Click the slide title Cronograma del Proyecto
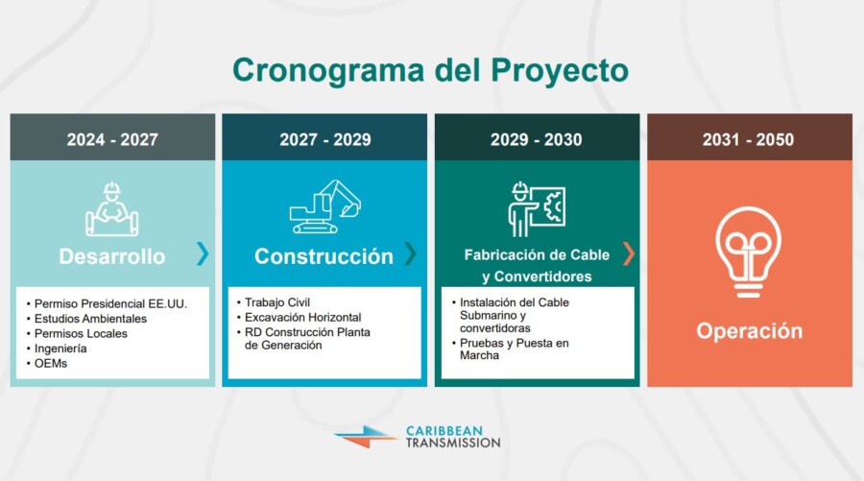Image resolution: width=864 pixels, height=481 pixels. pyautogui.click(x=430, y=70)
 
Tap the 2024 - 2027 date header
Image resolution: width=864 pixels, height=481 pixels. pyautogui.click(x=112, y=139)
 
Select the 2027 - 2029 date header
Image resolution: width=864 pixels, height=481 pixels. pyautogui.click(x=325, y=139)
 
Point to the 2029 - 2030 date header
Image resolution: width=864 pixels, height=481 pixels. pyautogui.click(x=536, y=139)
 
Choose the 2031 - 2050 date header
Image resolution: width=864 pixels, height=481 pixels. pyautogui.click(x=748, y=139)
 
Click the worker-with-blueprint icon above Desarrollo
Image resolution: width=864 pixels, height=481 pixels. pyautogui.click(x=112, y=209)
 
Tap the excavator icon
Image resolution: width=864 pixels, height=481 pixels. pyautogui.click(x=325, y=206)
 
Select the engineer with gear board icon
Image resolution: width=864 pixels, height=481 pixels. pyautogui.click(x=537, y=209)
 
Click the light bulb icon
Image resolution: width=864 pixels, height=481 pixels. pyautogui.click(x=748, y=253)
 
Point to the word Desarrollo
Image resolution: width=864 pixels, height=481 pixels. pyautogui.click(x=112, y=256)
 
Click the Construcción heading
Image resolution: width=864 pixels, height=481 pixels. pyautogui.click(x=324, y=256)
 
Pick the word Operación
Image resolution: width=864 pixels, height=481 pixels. pyautogui.click(x=750, y=330)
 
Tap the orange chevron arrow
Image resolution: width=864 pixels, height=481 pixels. pyautogui.click(x=629, y=253)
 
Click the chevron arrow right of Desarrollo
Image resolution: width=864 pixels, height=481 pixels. pyautogui.click(x=203, y=253)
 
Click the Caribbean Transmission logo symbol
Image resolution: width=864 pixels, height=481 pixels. pyautogui.click(x=366, y=437)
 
